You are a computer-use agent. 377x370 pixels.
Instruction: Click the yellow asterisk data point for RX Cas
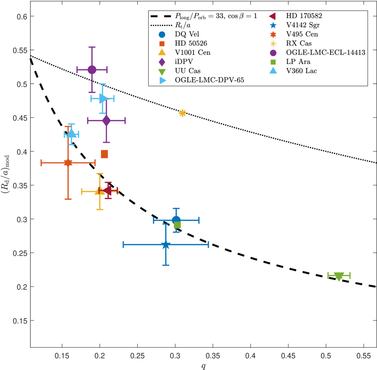point(182,113)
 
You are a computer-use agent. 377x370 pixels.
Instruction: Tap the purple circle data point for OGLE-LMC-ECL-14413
point(92,70)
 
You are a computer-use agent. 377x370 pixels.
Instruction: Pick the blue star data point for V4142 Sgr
point(166,245)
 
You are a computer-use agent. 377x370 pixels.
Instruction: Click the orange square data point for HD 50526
point(104,154)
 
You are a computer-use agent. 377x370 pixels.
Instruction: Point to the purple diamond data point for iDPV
point(106,121)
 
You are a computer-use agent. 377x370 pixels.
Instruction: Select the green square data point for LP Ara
point(177,225)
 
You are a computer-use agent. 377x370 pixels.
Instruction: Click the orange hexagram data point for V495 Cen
point(68,163)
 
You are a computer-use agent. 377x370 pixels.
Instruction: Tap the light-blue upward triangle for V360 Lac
point(72,133)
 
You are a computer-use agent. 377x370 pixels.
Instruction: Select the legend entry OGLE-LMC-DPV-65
point(209,80)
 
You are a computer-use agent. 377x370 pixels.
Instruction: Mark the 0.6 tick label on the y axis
point(20,16)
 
